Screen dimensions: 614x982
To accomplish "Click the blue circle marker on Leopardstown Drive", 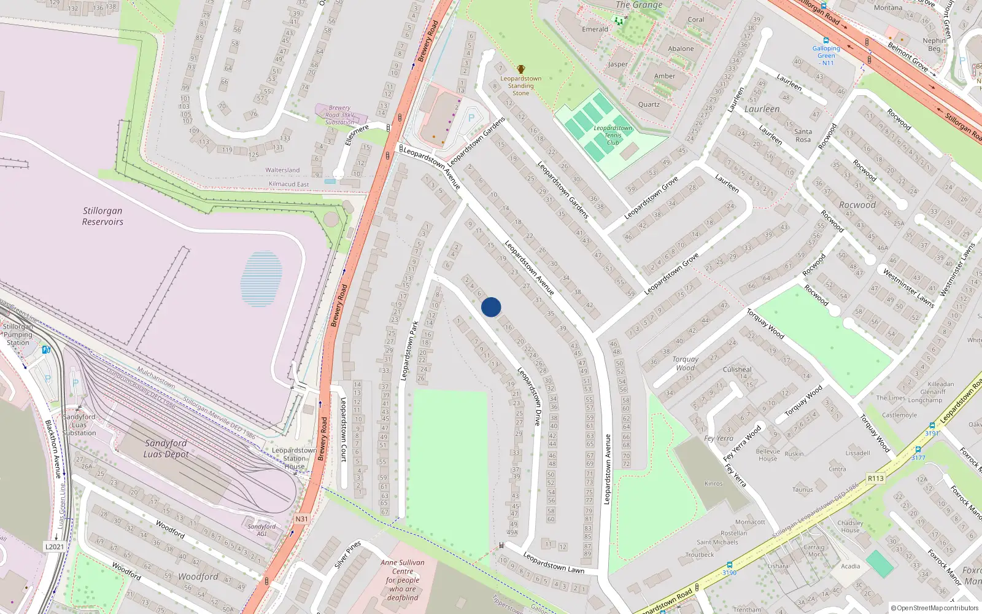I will tap(491, 307).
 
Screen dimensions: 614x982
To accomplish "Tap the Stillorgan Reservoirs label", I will tap(102, 216).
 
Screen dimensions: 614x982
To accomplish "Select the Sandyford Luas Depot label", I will tap(166, 448).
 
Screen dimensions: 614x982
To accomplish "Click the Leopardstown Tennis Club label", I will tap(613, 136).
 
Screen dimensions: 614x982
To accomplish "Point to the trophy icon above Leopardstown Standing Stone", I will tap(521, 69).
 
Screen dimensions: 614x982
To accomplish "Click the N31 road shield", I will tap(301, 519).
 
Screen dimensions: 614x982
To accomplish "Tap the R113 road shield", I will tap(876, 478).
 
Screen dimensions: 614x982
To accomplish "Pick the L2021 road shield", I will tap(55, 546).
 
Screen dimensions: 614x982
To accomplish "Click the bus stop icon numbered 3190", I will tap(729, 565).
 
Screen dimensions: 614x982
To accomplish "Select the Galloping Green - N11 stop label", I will tap(826, 55).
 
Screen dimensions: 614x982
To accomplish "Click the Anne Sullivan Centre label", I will tap(403, 580).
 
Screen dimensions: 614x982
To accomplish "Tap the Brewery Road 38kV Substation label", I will tap(339, 115).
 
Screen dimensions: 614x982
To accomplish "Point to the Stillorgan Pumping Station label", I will tap(18, 335).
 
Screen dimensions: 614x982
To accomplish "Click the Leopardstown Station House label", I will tap(295, 458).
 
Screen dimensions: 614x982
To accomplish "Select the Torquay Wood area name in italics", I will tap(686, 363).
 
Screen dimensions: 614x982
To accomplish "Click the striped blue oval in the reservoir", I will tap(262, 279).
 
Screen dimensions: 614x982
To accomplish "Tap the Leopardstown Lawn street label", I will tap(554, 562).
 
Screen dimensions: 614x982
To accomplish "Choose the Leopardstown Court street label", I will tap(344, 429).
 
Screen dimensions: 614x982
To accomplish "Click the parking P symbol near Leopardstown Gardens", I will tap(471, 119).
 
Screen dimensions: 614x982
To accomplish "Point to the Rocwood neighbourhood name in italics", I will tap(857, 205).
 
